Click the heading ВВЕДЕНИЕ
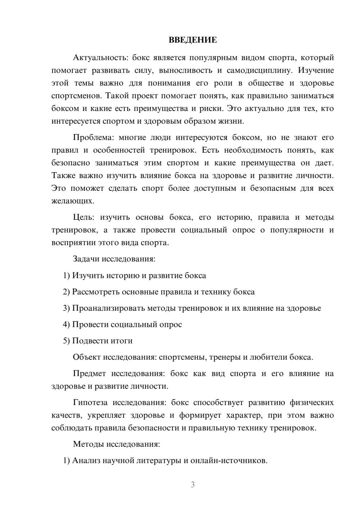193,40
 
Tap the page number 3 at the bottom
193,485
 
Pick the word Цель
83,217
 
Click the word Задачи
86,259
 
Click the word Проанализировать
108,308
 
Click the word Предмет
89,374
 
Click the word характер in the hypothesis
243,415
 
